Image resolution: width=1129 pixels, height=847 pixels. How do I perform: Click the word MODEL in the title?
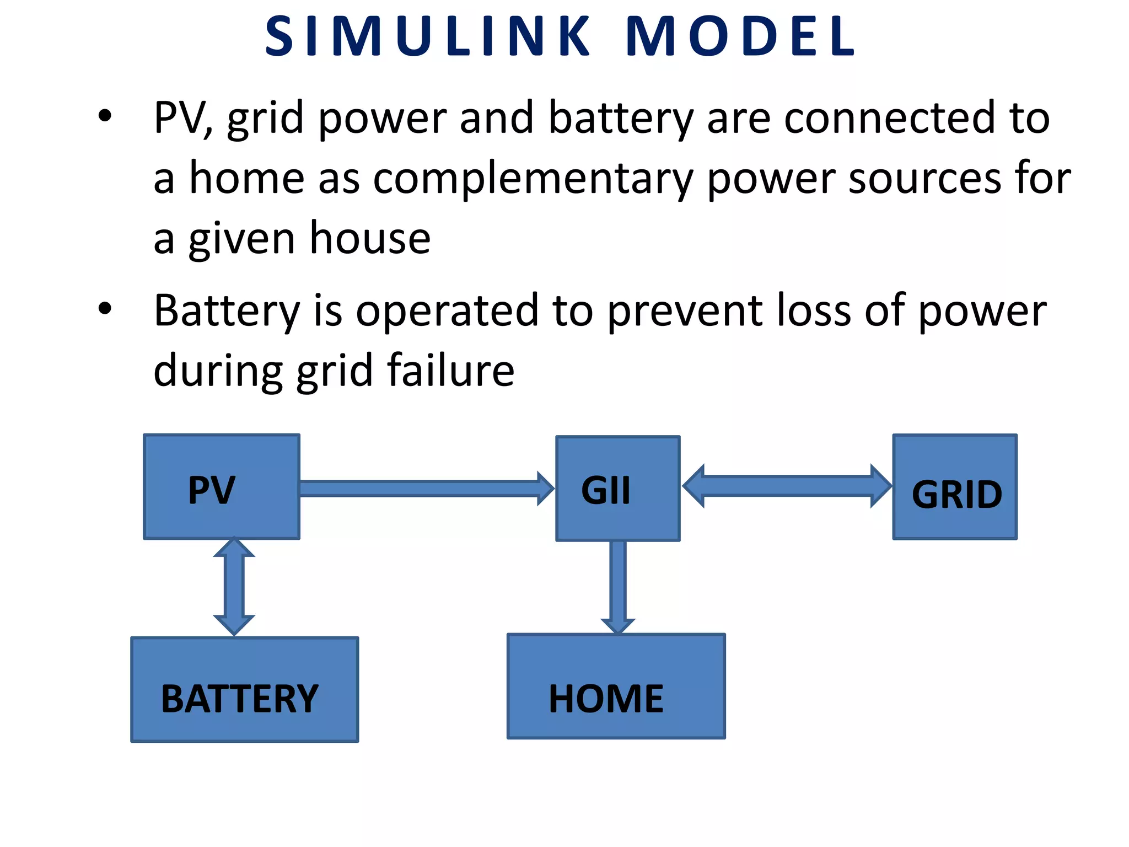click(x=741, y=36)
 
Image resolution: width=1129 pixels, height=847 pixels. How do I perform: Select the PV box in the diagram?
click(x=221, y=486)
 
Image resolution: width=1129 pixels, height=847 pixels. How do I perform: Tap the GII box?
click(x=617, y=489)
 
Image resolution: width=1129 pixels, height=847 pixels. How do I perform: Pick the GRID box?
click(x=954, y=487)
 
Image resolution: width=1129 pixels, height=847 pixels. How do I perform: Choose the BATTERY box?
click(x=244, y=689)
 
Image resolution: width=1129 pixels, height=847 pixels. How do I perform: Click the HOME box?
click(x=616, y=686)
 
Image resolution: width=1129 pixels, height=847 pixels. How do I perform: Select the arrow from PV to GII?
click(x=424, y=489)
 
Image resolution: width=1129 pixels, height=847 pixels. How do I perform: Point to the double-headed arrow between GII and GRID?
click(x=787, y=486)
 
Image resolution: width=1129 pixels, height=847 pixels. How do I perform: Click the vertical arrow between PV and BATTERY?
click(x=234, y=587)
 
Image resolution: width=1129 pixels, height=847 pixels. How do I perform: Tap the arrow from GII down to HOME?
click(x=618, y=586)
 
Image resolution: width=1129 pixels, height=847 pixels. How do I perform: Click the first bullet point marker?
click(x=105, y=116)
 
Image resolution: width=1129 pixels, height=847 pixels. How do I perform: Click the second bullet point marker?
click(x=105, y=309)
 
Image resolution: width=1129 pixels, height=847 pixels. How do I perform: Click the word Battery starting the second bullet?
click(x=227, y=311)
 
